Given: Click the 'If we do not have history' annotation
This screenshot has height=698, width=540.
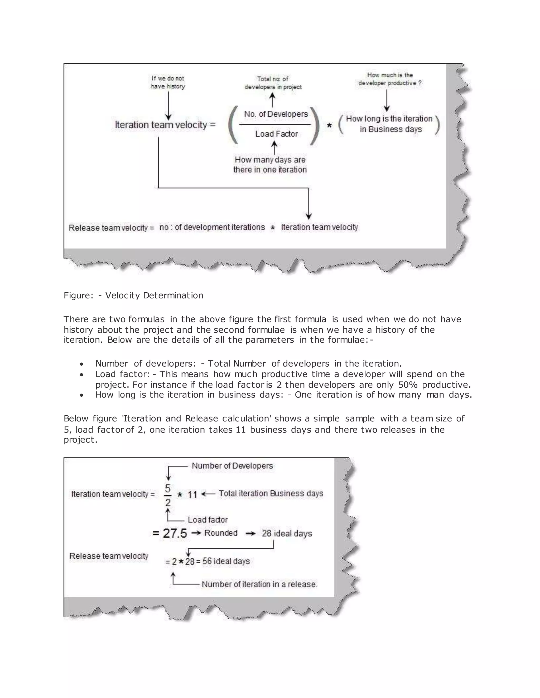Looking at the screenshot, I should coord(168,82).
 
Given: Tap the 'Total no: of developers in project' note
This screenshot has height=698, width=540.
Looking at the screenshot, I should coord(273,83).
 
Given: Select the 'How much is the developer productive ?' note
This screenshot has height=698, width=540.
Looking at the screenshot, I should coord(390,79).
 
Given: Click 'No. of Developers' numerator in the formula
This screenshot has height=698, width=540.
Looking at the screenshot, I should coord(276,114).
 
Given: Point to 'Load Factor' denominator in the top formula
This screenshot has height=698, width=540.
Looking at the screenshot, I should coord(276,134).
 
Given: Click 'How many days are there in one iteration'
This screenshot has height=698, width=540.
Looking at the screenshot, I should coord(270,165).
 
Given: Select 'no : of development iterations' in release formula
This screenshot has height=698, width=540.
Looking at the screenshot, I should coord(212,227).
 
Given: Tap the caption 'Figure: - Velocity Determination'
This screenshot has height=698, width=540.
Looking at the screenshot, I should coord(133,295).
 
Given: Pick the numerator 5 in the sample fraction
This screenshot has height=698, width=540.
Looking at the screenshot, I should coord(168,488).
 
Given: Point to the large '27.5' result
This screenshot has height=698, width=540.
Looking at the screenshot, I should coord(175,533).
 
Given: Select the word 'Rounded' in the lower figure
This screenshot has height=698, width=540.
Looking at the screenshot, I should coord(221,533).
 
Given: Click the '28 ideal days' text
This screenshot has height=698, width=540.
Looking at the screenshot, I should coord(287,533).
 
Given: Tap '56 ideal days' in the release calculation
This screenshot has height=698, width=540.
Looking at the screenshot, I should coord(226,561).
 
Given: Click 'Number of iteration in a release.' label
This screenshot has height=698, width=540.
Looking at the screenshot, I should coord(259,584).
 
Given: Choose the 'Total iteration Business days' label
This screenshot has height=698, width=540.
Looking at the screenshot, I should coord(271,493).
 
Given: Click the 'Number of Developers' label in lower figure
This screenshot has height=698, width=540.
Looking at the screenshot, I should coord(232,466).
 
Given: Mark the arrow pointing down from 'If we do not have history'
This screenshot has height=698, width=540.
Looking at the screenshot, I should coord(168,105).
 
